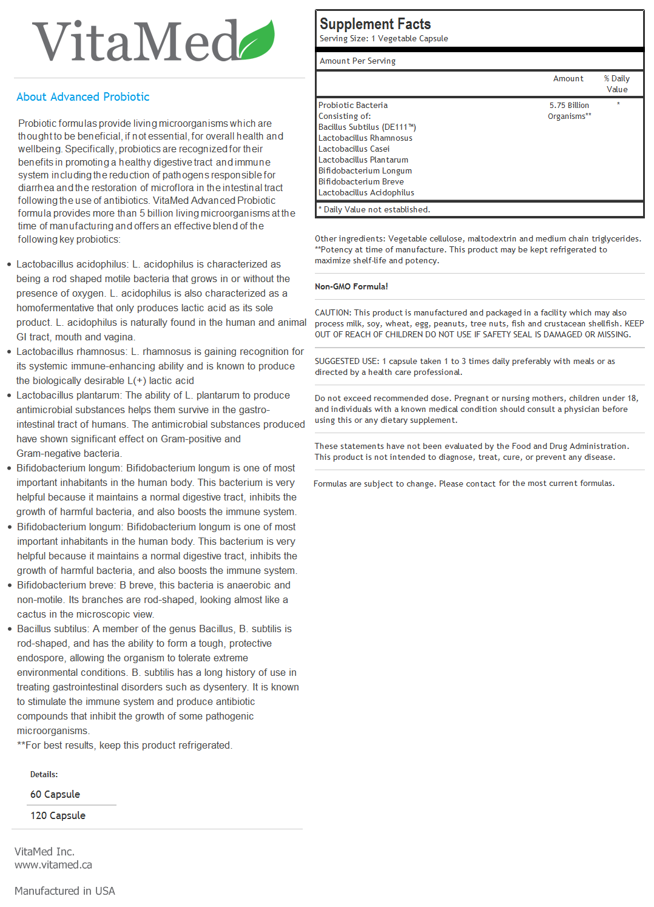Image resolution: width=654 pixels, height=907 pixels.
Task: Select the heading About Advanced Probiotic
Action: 83,97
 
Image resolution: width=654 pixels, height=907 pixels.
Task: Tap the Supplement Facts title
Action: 375,24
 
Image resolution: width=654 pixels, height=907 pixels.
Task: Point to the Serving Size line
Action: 383,39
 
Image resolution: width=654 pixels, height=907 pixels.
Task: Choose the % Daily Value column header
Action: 616,84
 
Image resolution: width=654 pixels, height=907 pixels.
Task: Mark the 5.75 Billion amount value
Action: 569,106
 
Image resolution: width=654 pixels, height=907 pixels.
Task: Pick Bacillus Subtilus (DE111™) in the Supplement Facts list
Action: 367,127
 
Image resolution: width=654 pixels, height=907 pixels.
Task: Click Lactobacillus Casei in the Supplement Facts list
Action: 354,149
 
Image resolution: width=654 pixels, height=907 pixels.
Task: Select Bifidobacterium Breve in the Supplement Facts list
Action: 361,182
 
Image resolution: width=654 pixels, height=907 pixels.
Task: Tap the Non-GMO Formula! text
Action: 351,286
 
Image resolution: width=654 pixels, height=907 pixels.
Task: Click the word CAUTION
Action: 332,313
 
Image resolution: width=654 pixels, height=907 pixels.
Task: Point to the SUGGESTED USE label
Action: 346,362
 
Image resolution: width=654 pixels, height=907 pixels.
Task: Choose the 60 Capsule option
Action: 55,795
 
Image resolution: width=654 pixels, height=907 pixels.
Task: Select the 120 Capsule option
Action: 58,816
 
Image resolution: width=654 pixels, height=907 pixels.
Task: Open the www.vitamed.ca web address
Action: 53,865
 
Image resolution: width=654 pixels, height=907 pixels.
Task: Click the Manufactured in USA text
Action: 65,891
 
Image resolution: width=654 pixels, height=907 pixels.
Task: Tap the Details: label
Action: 44,775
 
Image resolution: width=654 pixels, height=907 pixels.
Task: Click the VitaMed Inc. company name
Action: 44,852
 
